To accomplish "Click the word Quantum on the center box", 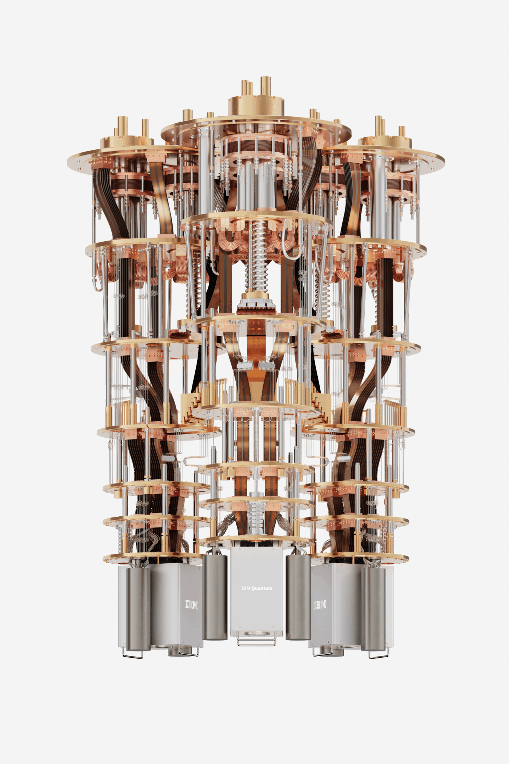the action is pyautogui.click(x=262, y=588).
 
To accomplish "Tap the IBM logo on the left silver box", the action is pyautogui.click(x=192, y=604).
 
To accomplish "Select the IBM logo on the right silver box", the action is pyautogui.click(x=320, y=605).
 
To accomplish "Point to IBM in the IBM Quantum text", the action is pyautogui.click(x=246, y=588).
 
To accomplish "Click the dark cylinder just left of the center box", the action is pyautogui.click(x=215, y=597).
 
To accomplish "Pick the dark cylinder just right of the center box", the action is pyautogui.click(x=298, y=597).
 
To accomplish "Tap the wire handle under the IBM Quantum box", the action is pyautogui.click(x=257, y=642).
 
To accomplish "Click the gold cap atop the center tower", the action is pyautogui.click(x=256, y=105).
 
